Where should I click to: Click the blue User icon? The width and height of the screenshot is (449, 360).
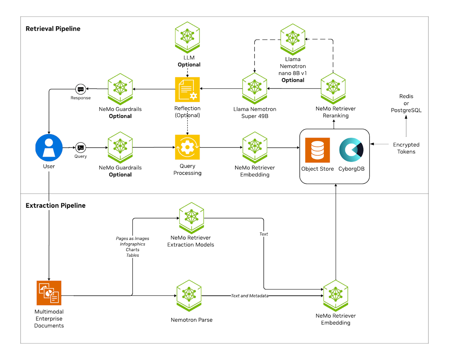[49, 148]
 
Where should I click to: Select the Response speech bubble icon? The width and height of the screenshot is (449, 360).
[81, 89]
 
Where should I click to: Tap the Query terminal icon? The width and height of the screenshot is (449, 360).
[81, 148]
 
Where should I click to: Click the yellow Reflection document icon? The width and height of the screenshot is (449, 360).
[187, 89]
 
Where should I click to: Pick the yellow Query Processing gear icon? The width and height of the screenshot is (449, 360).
[187, 147]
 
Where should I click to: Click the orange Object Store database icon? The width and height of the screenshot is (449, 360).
[318, 150]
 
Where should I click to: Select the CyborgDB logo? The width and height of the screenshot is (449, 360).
[351, 150]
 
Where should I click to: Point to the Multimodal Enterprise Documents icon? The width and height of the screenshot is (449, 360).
[49, 293]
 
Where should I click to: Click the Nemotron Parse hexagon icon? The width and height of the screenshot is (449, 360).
[189, 295]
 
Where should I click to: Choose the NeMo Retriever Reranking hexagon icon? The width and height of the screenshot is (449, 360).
[333, 88]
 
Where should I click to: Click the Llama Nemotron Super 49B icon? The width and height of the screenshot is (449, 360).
[255, 88]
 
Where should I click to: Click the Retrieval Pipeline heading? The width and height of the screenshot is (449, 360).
[53, 29]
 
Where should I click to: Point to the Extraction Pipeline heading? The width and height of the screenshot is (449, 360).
[56, 206]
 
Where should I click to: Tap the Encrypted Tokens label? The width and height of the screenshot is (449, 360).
[406, 148]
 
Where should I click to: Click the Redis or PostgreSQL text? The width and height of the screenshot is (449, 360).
[406, 103]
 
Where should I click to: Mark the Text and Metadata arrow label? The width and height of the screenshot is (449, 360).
[250, 296]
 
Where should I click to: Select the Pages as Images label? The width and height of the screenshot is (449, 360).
[132, 239]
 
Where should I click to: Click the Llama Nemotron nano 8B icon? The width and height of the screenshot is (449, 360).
[293, 39]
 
